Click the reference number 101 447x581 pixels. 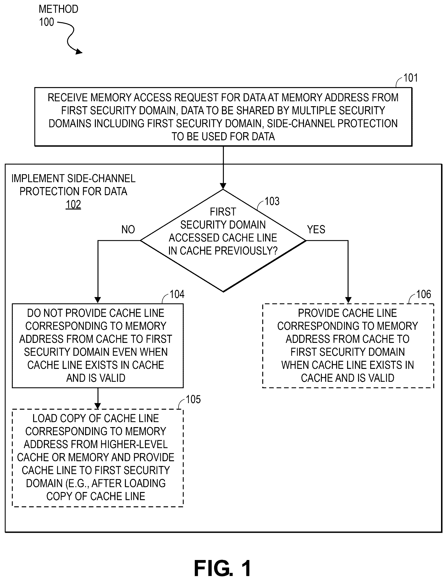point(411,78)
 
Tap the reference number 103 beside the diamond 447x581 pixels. point(272,201)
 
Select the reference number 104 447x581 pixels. point(177,294)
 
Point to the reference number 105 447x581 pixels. point(193,399)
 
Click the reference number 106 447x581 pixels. point(424,294)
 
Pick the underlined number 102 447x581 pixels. point(73,204)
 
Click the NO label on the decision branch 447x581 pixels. point(128,229)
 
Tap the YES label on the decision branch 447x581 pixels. point(316,229)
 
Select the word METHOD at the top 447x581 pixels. point(58,9)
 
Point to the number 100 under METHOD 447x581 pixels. point(46,22)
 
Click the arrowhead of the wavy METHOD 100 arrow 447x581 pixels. point(79,52)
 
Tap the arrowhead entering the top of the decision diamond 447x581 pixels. point(223,186)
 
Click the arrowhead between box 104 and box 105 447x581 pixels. point(98,406)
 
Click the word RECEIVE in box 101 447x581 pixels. point(68,98)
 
